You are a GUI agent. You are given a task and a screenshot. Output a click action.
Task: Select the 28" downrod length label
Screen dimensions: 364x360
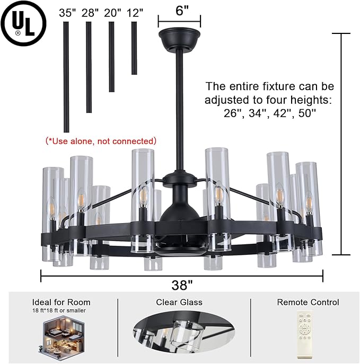click(x=90, y=13)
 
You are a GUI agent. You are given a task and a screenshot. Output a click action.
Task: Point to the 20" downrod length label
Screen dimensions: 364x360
click(x=113, y=13)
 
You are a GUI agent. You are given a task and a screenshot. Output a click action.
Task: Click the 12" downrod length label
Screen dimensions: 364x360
click(x=135, y=13)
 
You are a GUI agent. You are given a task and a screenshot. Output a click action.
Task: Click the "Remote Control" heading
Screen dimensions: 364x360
click(x=308, y=302)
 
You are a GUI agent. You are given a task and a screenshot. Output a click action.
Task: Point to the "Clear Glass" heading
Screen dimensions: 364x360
click(x=179, y=302)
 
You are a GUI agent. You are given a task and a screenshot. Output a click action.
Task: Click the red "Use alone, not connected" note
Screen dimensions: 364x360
click(x=101, y=141)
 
